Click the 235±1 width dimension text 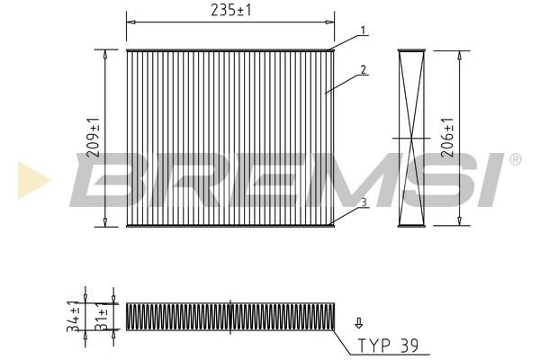[x=231, y=10]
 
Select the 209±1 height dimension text [x=94, y=138]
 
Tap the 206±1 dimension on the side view [x=448, y=138]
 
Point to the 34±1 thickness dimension [x=74, y=316]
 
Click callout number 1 [x=363, y=31]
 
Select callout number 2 [x=364, y=69]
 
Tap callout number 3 [x=364, y=202]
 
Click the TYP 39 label [x=388, y=345]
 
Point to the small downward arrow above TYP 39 [x=359, y=323]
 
